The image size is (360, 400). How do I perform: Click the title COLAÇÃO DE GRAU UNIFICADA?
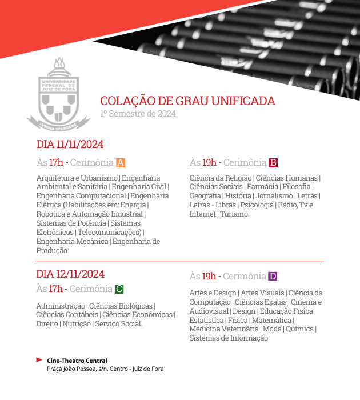[187, 101]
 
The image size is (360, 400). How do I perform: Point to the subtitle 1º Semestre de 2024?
[138, 113]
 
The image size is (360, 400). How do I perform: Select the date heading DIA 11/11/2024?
[70, 144]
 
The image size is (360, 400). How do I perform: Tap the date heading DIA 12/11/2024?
[70, 274]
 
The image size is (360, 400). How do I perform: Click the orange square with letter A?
[120, 162]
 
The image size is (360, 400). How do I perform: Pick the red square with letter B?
[273, 162]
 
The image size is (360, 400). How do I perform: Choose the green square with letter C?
[119, 289]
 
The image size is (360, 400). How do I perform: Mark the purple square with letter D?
[273, 277]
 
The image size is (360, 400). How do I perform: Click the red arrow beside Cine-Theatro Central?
[39, 360]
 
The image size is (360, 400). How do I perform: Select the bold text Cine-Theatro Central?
[77, 361]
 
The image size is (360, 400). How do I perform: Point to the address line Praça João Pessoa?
[105, 369]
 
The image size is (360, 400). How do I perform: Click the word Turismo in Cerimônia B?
[234, 214]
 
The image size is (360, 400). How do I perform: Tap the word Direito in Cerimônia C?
[46, 324]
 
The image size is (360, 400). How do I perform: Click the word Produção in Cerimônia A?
[52, 250]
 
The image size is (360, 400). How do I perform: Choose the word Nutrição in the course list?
[76, 324]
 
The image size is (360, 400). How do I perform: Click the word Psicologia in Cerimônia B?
[257, 205]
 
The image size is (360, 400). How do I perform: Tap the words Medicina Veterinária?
[223, 329]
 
